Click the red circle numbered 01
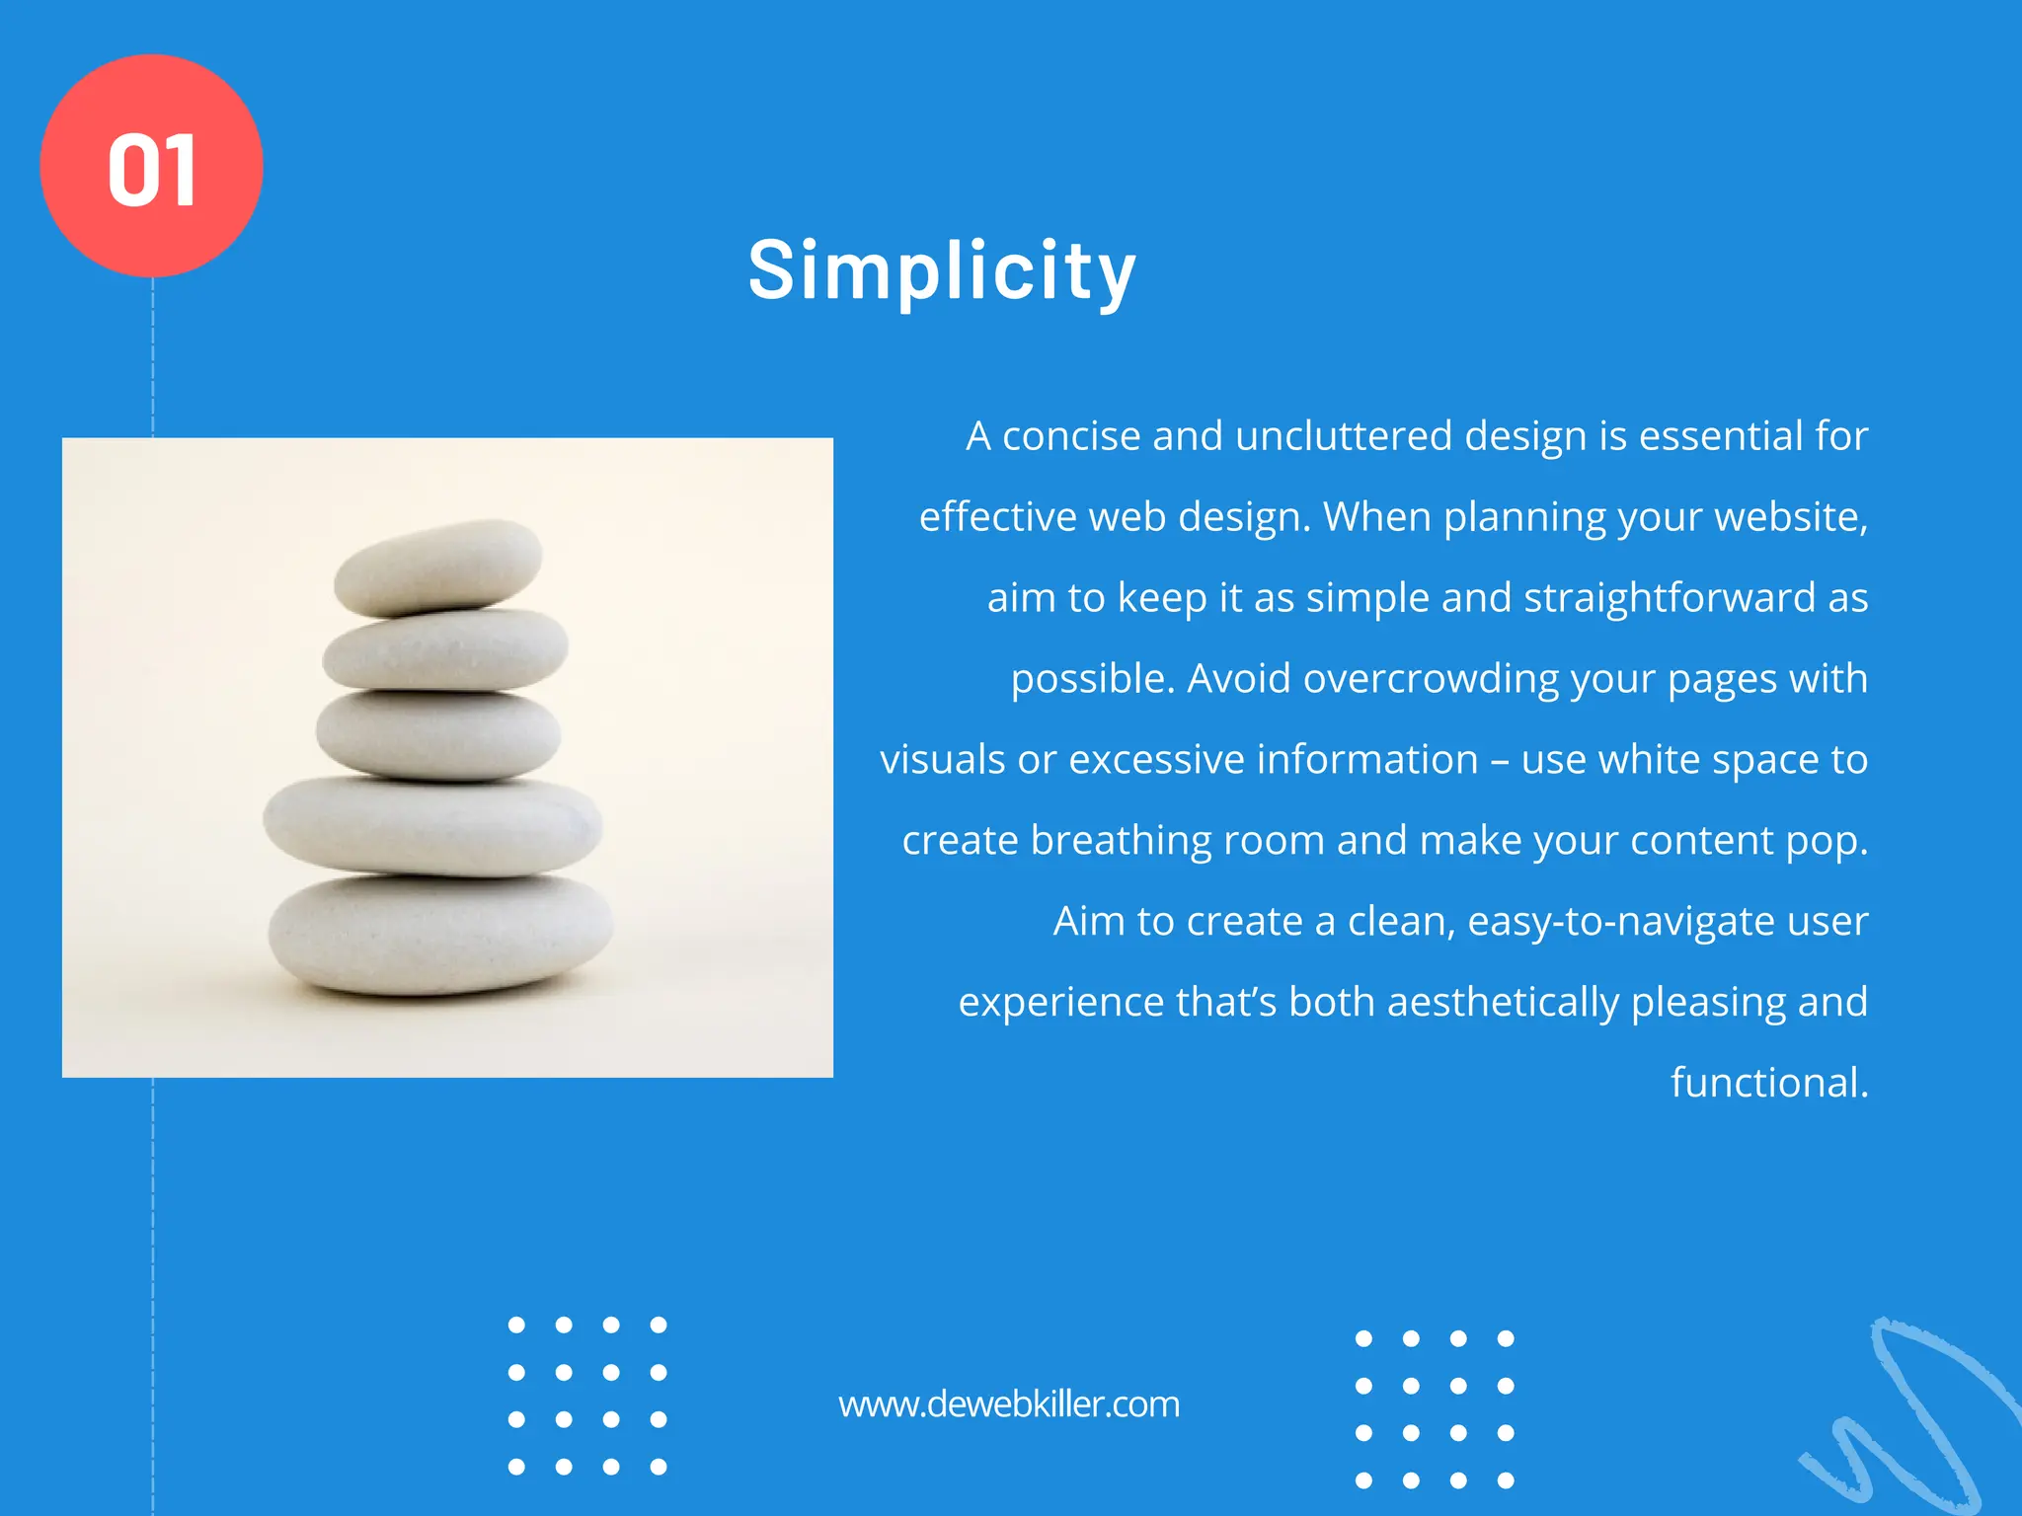pyautogui.click(x=151, y=166)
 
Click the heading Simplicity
pyautogui.click(x=942, y=270)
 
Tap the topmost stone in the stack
pyautogui.click(x=438, y=567)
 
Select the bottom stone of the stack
pyautogui.click(x=440, y=933)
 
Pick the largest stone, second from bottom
pyautogui.click(x=432, y=826)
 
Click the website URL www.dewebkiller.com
pyautogui.click(x=1009, y=1404)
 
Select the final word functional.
pyautogui.click(x=1768, y=1083)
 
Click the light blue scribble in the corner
pyautogui.click(x=1910, y=1421)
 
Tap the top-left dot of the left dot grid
pyautogui.click(x=516, y=1325)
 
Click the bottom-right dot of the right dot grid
pyautogui.click(x=1506, y=1480)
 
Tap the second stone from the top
pyautogui.click(x=446, y=649)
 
